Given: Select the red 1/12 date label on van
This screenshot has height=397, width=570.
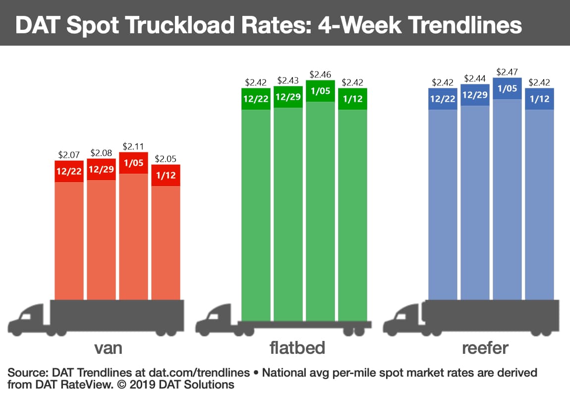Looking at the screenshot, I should click(166, 175).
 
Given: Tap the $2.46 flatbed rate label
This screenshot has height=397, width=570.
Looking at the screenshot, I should click(320, 74).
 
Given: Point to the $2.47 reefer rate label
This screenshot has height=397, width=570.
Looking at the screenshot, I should click(507, 72).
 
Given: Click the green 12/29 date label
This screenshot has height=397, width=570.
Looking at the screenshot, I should click(288, 97).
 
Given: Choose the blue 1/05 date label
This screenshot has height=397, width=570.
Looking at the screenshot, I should click(507, 89).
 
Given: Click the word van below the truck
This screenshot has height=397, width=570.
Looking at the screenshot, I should click(108, 348).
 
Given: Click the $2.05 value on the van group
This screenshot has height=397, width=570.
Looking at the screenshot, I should click(166, 159).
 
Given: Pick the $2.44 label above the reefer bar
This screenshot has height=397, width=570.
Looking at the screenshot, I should click(475, 78).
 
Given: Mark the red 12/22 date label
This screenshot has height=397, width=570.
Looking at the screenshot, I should click(69, 172).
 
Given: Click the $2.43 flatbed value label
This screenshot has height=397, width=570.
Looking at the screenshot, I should click(288, 80).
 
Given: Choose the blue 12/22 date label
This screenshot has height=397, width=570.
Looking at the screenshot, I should click(443, 99).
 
